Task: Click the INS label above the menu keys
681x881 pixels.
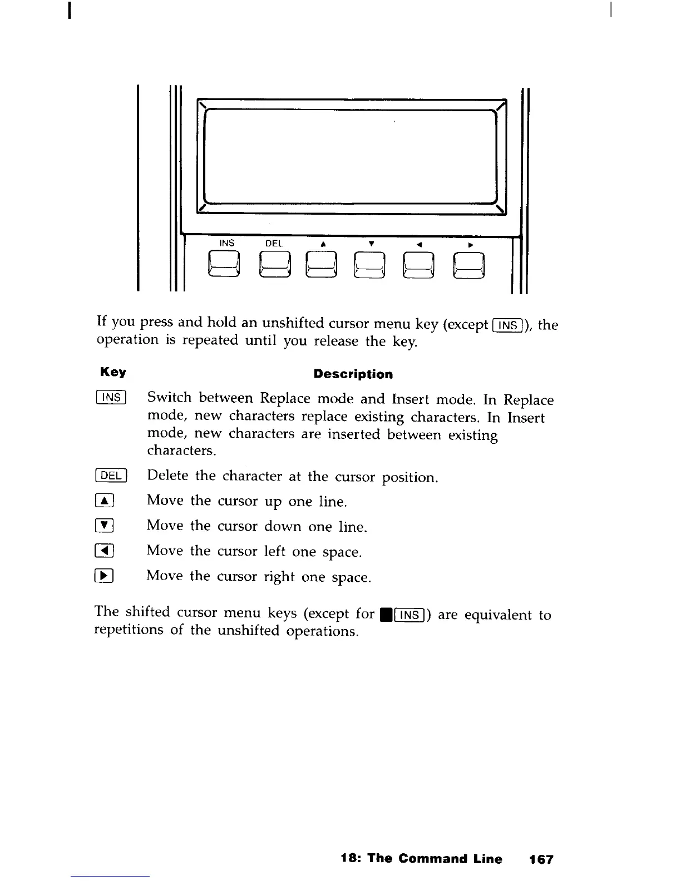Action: tap(227, 243)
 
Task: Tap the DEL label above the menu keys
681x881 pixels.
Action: tap(274, 244)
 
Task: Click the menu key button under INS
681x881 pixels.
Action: tap(224, 264)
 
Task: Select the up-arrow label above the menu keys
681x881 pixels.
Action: tap(322, 244)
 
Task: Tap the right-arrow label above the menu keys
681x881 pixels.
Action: tap(470, 245)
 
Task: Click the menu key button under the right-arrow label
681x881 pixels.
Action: tap(470, 265)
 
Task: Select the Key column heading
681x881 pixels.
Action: tap(113, 372)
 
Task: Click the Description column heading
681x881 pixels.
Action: tap(353, 374)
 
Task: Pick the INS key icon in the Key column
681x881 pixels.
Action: tap(112, 398)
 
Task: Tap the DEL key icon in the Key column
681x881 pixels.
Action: tap(112, 476)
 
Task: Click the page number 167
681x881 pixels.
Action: tap(541, 859)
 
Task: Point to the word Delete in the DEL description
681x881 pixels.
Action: tap(167, 476)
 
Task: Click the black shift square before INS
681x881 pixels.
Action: tap(383, 615)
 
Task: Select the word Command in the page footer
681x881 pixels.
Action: tap(431, 859)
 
